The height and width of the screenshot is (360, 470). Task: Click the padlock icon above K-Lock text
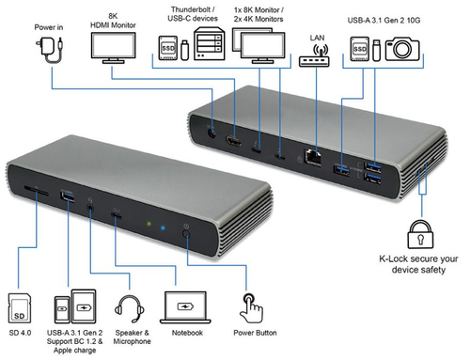[x=420, y=235]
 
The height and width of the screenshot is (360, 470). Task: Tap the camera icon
[x=402, y=49]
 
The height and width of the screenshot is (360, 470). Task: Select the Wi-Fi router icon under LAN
[x=314, y=55]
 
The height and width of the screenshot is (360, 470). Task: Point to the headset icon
[x=130, y=308]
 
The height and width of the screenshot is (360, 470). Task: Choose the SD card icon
[x=20, y=308]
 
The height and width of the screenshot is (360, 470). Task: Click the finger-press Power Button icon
[x=251, y=308]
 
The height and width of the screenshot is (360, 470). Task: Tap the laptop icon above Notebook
[x=185, y=307]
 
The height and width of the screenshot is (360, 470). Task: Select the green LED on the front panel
[x=149, y=224]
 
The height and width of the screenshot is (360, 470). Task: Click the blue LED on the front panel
[x=163, y=227]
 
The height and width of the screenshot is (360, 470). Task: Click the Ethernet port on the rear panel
[x=312, y=157]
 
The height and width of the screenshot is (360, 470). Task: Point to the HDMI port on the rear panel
[x=233, y=141]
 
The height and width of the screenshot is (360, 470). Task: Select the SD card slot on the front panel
[x=37, y=191]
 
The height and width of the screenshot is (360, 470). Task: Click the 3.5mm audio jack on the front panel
[x=90, y=208]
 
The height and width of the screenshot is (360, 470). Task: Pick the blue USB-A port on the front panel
[x=68, y=197]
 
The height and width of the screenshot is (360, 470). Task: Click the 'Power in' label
[x=49, y=27]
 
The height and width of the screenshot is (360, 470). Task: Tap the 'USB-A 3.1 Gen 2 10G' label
[x=384, y=21]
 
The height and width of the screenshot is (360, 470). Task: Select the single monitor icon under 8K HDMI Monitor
[x=114, y=48]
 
